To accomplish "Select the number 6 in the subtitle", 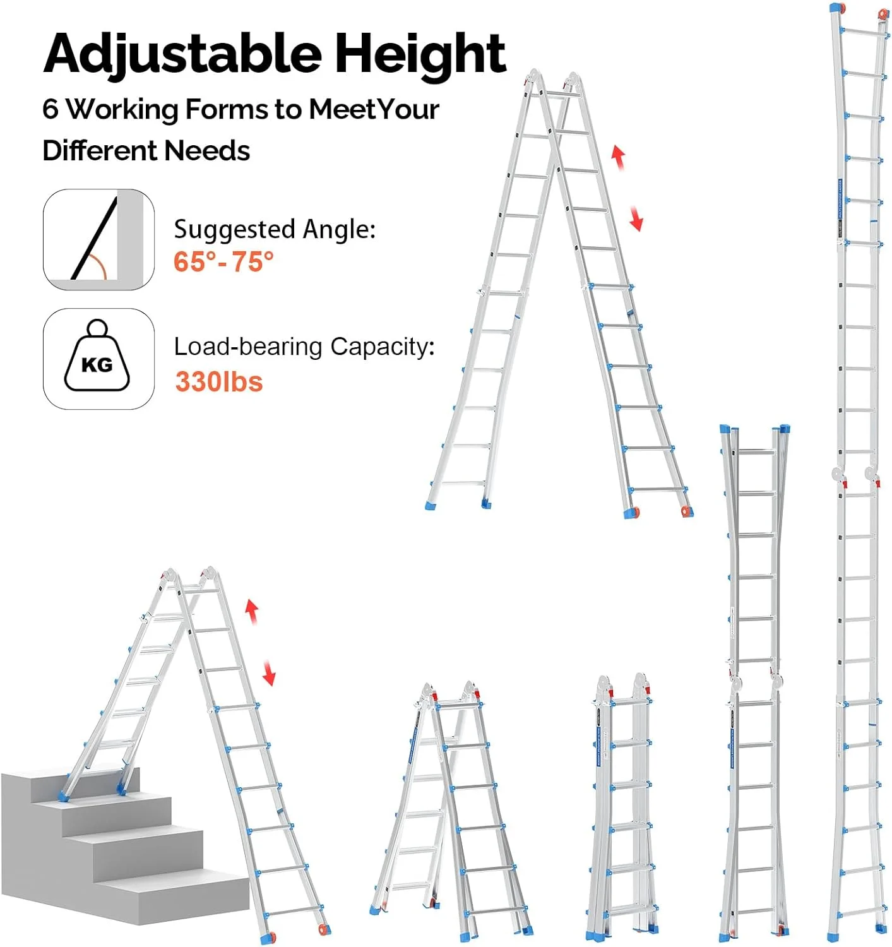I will pyautogui.click(x=51, y=109).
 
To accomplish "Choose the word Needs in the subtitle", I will pyautogui.click(x=207, y=151).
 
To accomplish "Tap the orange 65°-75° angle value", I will pyautogui.click(x=223, y=261).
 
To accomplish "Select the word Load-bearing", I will pyautogui.click(x=248, y=347).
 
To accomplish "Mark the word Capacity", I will pyautogui.click(x=381, y=347).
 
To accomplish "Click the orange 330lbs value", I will pyautogui.click(x=218, y=382).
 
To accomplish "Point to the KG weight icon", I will pyautogui.click(x=98, y=359).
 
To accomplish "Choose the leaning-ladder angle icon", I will pyautogui.click(x=98, y=239).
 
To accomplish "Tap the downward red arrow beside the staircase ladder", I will pyautogui.click(x=269, y=673).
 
